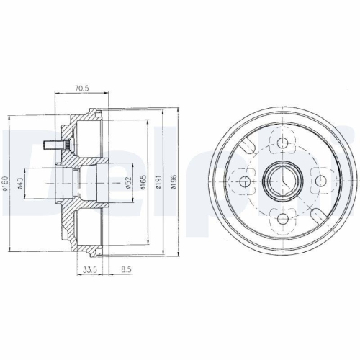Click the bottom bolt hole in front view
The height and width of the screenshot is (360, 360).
click(282, 217)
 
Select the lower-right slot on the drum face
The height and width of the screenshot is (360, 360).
click(318, 214)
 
